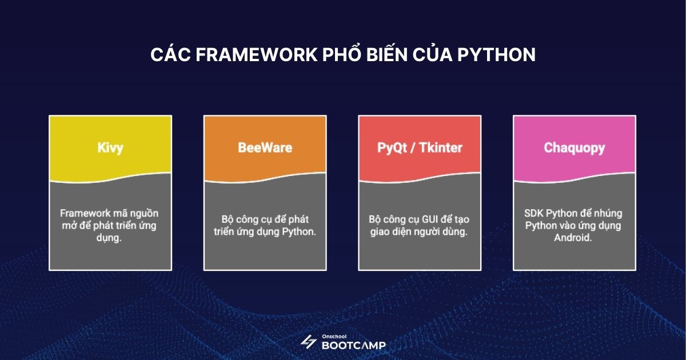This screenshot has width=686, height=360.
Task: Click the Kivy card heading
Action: [110, 147]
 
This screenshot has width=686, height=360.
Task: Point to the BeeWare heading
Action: [265, 147]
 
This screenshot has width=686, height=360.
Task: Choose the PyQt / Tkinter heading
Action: [420, 147]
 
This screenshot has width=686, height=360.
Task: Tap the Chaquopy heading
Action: [574, 147]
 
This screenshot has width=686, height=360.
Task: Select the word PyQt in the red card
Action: [392, 147]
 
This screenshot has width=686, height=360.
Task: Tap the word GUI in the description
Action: [424, 219]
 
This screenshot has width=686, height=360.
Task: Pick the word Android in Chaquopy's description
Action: [572, 238]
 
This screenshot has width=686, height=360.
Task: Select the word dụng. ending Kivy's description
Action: [110, 238]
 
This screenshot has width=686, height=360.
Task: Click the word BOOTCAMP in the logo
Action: [353, 345]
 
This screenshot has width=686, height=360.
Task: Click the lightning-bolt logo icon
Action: [309, 342]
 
